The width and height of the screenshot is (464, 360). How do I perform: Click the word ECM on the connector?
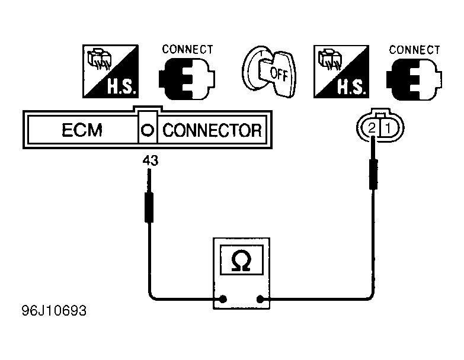pyautogui.click(x=82, y=130)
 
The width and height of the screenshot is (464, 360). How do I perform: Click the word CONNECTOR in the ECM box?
pyautogui.click(x=212, y=130)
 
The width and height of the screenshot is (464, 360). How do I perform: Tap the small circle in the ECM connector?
pyautogui.click(x=148, y=130)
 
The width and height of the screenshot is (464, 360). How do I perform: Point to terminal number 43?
pyautogui.click(x=151, y=160)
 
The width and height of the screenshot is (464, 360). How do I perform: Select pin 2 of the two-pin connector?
pyautogui.click(x=372, y=128)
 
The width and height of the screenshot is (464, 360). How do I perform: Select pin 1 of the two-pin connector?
pyautogui.click(x=388, y=128)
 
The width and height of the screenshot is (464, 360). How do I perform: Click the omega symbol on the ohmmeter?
pyautogui.click(x=241, y=261)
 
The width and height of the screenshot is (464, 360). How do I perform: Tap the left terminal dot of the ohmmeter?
pyautogui.click(x=223, y=299)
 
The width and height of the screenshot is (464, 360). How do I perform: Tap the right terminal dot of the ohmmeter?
pyautogui.click(x=260, y=300)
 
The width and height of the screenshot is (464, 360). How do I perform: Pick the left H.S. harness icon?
pyautogui.click(x=110, y=71)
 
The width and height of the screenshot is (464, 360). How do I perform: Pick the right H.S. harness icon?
pyautogui.click(x=341, y=72)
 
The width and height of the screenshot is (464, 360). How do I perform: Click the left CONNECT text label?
pyautogui.click(x=187, y=49)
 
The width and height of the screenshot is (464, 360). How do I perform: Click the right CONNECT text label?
pyautogui.click(x=414, y=50)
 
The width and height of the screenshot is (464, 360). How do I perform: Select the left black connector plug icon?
pyautogui.click(x=187, y=79)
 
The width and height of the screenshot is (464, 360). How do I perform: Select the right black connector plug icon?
pyautogui.click(x=414, y=79)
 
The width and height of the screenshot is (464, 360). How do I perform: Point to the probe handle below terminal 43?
pyautogui.click(x=149, y=207)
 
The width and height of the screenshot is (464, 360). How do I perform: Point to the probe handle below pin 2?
pyautogui.click(x=373, y=175)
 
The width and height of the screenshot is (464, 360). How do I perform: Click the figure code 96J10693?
pyautogui.click(x=54, y=311)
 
